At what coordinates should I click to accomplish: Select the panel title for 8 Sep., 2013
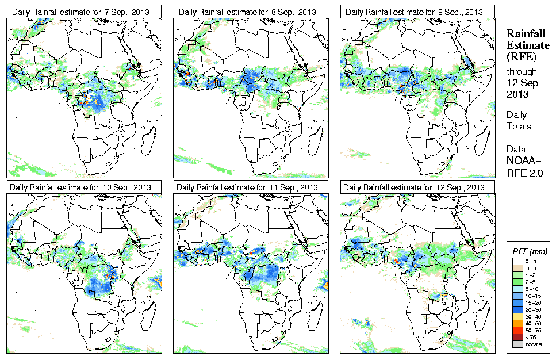click(247, 12)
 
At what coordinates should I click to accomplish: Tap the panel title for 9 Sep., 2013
click(414, 12)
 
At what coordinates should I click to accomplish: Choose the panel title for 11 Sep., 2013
click(247, 187)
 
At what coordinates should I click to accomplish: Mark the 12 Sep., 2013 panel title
click(414, 187)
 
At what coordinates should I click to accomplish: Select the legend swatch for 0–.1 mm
click(516, 261)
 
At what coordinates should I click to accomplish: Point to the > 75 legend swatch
click(516, 337)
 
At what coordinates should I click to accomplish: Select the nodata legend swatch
click(516, 344)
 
